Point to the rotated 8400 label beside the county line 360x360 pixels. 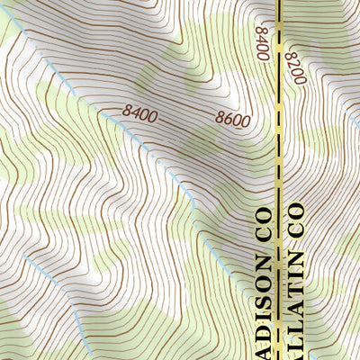click(263, 42)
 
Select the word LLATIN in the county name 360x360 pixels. click(296, 301)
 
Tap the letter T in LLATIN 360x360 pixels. click(296, 290)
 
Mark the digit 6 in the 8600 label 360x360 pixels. click(227, 117)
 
